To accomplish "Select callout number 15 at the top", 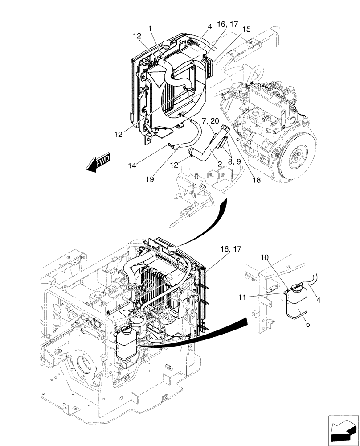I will pyautogui.click(x=246, y=29).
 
